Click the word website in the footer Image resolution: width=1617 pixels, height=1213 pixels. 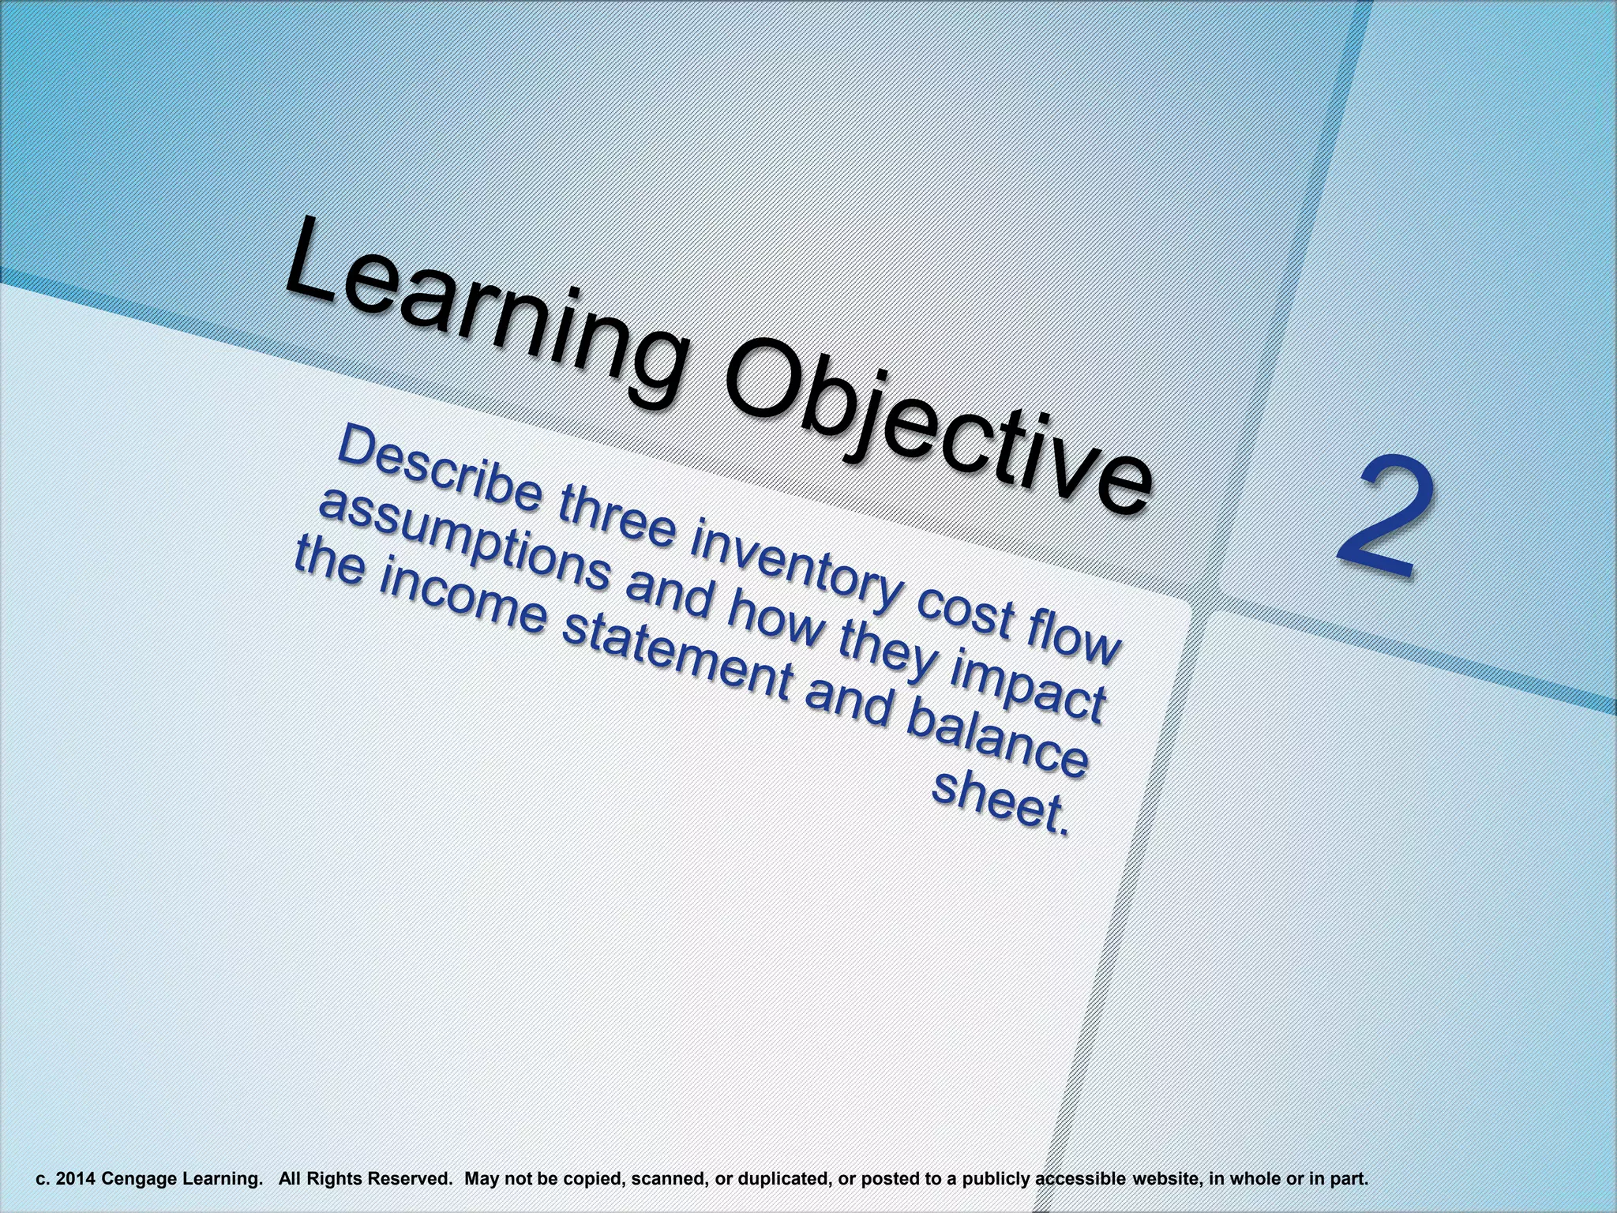tap(1165, 1179)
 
